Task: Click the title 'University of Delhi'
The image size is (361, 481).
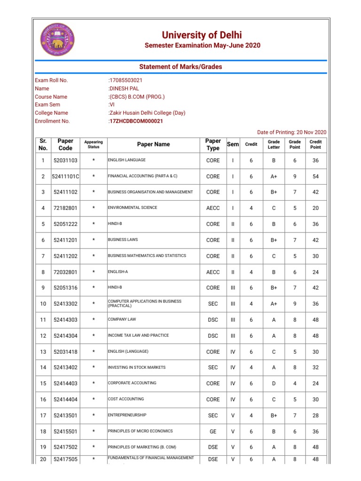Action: coord(202,35)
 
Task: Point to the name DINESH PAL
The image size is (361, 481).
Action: coord(124,88)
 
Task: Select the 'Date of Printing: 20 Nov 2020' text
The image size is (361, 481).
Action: coord(291,132)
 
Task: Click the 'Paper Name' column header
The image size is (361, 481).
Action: coord(153,145)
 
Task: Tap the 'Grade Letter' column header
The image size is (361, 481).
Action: coord(274,145)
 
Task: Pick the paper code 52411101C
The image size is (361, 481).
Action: coord(65,177)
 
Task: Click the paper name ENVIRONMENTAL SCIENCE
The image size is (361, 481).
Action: coord(133,208)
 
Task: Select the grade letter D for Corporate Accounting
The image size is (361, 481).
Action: coord(274,383)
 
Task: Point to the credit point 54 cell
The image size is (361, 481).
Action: coord(315,177)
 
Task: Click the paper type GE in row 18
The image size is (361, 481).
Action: coord(213,431)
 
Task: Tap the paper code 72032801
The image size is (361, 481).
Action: coord(65,272)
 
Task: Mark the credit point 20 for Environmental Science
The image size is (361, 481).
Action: coord(315,208)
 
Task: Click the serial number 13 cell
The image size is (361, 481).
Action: coord(43,352)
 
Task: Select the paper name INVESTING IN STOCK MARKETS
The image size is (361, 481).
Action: coord(136,367)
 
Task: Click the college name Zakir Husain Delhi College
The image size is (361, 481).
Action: coord(147,113)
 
